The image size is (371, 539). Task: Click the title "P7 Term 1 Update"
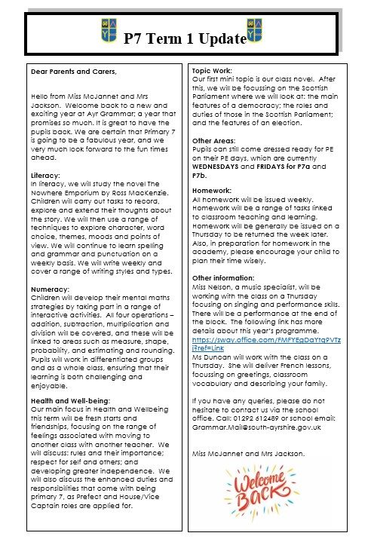coord(185,37)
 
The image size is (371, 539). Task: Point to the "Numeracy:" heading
coord(51,289)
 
